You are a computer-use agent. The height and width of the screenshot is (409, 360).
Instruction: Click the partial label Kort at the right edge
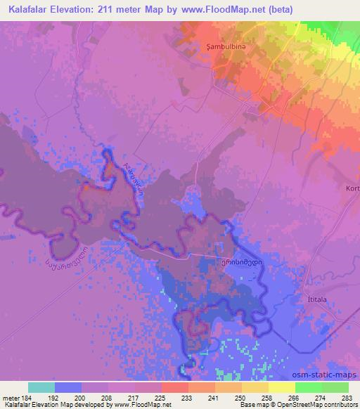pyautogui.click(x=352, y=188)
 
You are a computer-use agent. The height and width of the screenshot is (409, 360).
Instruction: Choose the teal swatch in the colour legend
pyautogui.click(x=41, y=387)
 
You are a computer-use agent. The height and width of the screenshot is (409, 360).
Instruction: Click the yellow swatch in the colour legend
pyautogui.click(x=281, y=387)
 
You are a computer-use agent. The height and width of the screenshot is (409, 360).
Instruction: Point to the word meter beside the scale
pyautogui.click(x=11, y=398)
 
